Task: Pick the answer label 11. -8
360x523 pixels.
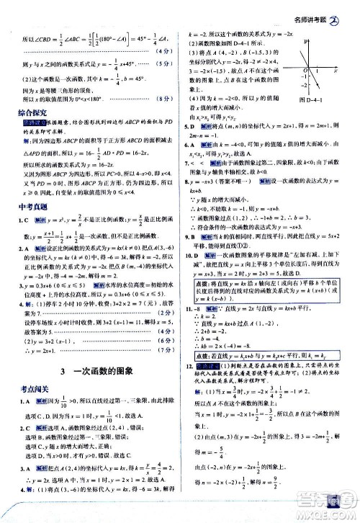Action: [195, 306]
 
